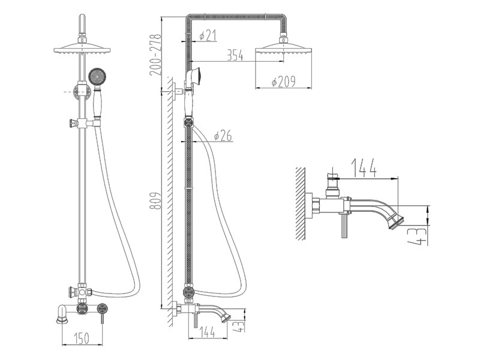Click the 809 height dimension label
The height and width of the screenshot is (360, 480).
[x=155, y=201]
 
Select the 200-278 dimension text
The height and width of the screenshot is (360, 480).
[x=155, y=55]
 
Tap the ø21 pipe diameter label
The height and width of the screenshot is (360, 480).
[x=208, y=35]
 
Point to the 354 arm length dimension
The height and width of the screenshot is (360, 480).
[x=235, y=55]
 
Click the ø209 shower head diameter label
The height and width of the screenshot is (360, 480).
[x=283, y=82]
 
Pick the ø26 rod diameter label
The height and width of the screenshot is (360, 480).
[x=223, y=136]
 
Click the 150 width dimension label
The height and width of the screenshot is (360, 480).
[x=82, y=338]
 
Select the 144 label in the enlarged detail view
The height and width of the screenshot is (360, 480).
[x=364, y=168]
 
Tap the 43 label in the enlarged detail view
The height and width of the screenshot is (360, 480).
[x=416, y=236]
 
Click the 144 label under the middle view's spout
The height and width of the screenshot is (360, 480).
[x=207, y=332]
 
